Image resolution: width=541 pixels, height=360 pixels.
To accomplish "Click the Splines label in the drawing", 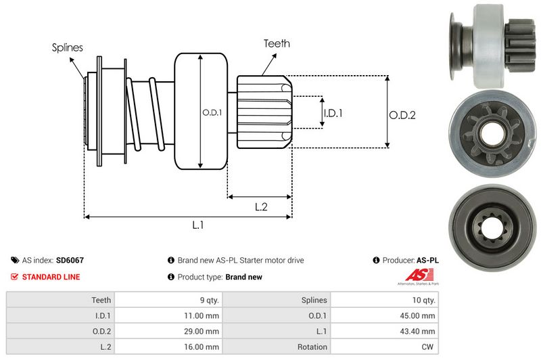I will [x=68, y=47].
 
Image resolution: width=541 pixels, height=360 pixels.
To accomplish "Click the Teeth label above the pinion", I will [x=276, y=43].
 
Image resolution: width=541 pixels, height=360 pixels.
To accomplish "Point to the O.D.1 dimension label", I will [x=211, y=112].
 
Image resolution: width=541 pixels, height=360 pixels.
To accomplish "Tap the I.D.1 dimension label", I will [x=333, y=113].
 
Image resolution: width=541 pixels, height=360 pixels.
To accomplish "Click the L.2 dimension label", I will [x=261, y=207].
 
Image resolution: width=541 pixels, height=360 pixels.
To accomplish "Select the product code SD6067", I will [x=70, y=260].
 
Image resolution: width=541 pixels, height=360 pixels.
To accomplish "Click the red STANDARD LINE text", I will [x=51, y=277].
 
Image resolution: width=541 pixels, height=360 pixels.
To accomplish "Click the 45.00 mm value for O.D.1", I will [x=419, y=315].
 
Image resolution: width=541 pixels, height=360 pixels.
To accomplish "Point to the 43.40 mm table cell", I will [x=419, y=331].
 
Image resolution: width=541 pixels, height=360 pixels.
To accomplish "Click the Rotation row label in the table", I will [x=312, y=347].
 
